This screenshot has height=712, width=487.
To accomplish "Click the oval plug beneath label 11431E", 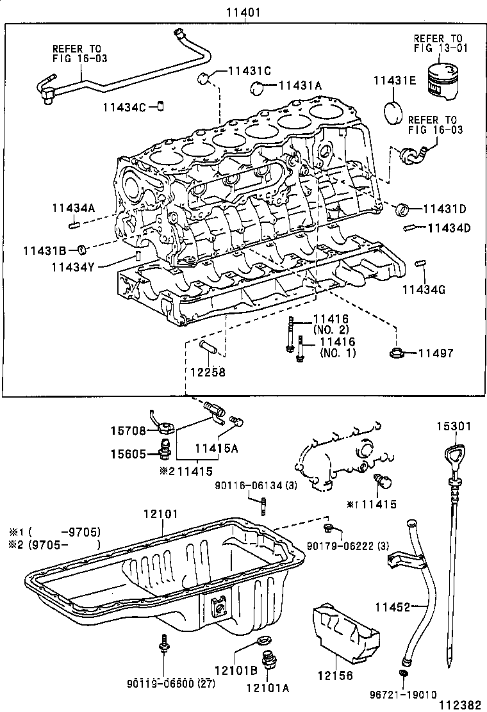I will (395, 111).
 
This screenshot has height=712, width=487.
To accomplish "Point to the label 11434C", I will (124, 107).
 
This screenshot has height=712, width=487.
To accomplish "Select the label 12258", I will (207, 371).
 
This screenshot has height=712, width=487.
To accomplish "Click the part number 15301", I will (454, 425).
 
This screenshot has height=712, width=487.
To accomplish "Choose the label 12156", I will (334, 675).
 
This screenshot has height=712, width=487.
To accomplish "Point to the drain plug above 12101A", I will (267, 663).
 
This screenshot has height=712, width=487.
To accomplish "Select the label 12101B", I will (236, 670).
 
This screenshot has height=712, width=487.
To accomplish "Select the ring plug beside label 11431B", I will (82, 249).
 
